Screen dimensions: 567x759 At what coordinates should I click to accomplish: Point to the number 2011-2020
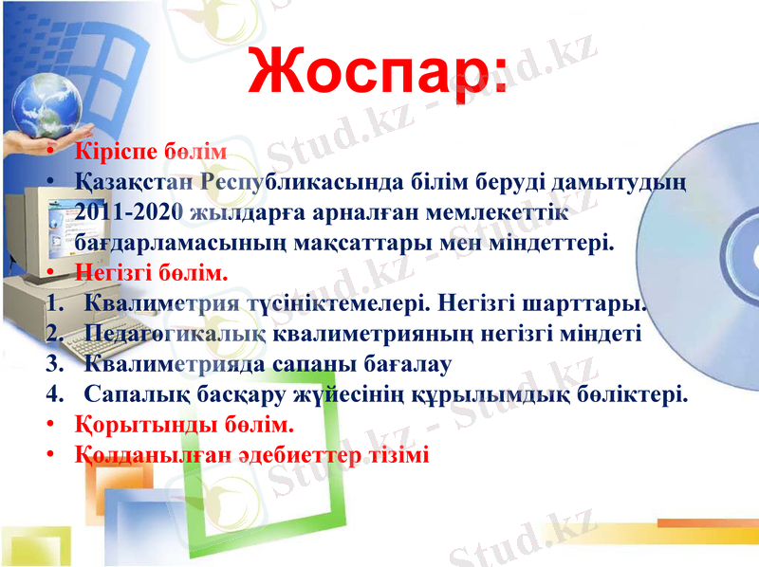coord(130,210)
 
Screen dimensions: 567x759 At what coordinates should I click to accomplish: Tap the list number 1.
coord(52,305)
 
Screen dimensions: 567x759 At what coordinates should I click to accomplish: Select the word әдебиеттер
coord(298,453)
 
